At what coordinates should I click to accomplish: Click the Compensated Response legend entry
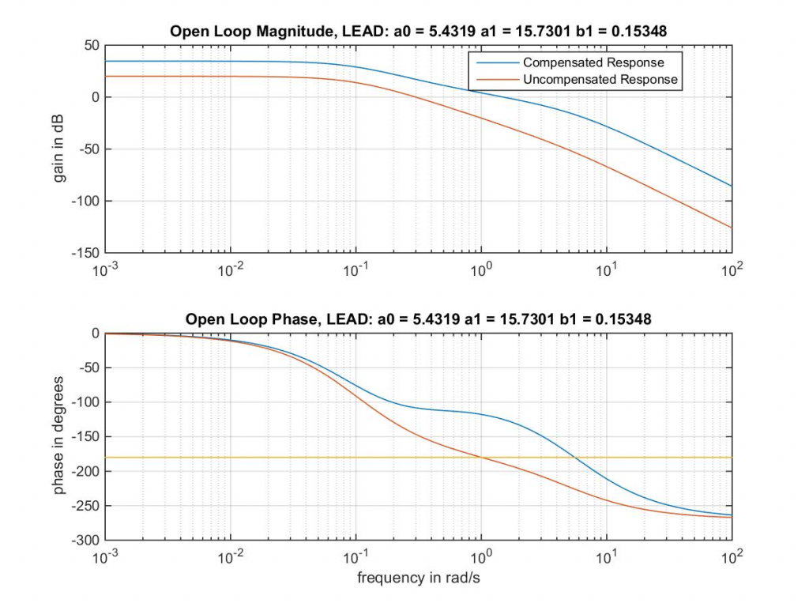[x=593, y=62]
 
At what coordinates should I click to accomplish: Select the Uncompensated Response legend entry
[x=600, y=79]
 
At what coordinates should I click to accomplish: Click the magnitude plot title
[x=419, y=32]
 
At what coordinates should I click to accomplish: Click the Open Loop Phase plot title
[x=419, y=319]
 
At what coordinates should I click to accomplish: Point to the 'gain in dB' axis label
[x=59, y=149]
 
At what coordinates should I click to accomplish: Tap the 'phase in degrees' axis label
[x=59, y=436]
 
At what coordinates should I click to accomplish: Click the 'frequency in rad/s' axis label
[x=419, y=578]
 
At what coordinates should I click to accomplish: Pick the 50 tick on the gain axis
[x=91, y=46]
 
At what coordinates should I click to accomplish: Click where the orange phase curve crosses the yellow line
[x=480, y=458]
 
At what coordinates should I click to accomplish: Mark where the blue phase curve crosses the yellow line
[x=575, y=458]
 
